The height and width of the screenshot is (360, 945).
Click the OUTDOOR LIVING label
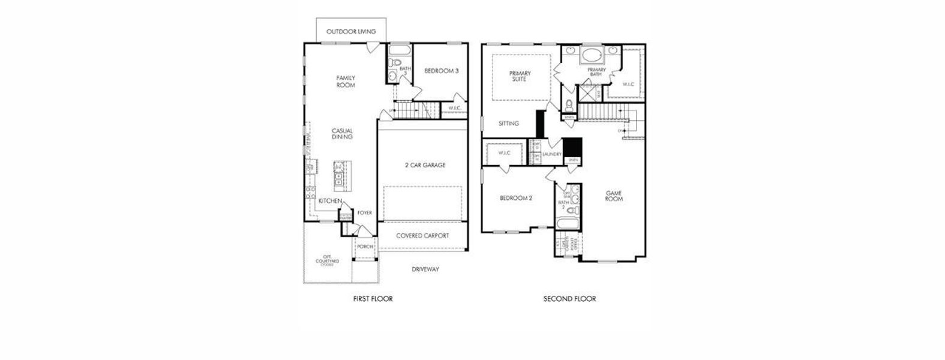pyautogui.click(x=351, y=31)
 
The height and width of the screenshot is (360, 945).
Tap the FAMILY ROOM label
pyautogui.click(x=346, y=82)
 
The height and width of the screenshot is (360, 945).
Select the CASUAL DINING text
pyautogui.click(x=342, y=134)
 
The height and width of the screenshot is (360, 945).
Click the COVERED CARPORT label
pyautogui.click(x=422, y=236)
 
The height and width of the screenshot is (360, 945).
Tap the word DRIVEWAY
pyautogui.click(x=425, y=269)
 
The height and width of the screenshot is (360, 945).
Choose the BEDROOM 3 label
pyautogui.click(x=441, y=71)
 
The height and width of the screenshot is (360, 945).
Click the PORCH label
pyautogui.click(x=365, y=247)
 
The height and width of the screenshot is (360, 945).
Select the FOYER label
pyautogui.click(x=365, y=212)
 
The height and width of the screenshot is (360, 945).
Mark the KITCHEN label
pyautogui.click(x=330, y=200)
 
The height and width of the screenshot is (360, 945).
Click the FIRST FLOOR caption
pyautogui.click(x=373, y=299)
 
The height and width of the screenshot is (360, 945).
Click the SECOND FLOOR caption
pyautogui.click(x=569, y=299)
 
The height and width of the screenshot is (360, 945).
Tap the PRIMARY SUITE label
pyautogui.click(x=520, y=76)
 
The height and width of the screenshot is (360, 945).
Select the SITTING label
pyautogui.click(x=508, y=124)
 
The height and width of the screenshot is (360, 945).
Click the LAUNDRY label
pyautogui.click(x=551, y=154)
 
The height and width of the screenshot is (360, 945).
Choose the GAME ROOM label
pyautogui.click(x=614, y=196)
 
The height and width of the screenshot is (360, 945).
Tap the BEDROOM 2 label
pyautogui.click(x=517, y=198)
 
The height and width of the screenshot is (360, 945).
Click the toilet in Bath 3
pyautogui.click(x=394, y=64)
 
